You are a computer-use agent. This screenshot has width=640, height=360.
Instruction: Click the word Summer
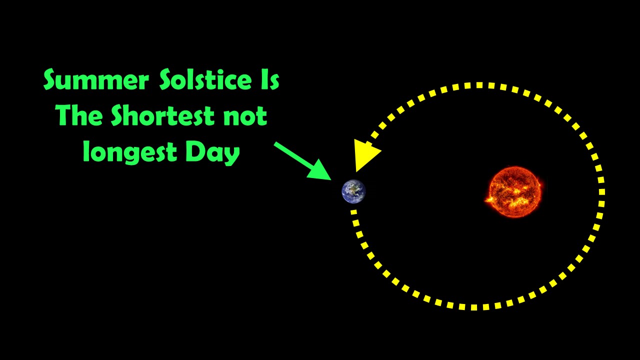pos(96,79)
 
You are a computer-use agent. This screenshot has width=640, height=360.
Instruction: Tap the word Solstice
pos(205,79)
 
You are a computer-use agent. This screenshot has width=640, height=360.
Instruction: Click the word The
pos(79,115)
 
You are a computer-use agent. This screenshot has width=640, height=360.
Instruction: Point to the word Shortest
pos(162,115)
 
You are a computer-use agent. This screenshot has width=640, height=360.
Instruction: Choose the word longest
pos(129,152)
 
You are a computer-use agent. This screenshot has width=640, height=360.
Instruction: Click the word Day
pos(212,153)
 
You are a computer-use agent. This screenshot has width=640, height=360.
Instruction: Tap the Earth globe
pos(353,191)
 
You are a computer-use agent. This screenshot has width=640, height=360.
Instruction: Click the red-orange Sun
pos(514,191)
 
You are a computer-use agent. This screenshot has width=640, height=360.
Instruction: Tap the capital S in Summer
pos(51,79)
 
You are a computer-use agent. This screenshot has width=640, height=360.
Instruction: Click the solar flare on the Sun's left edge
pos(488,199)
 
